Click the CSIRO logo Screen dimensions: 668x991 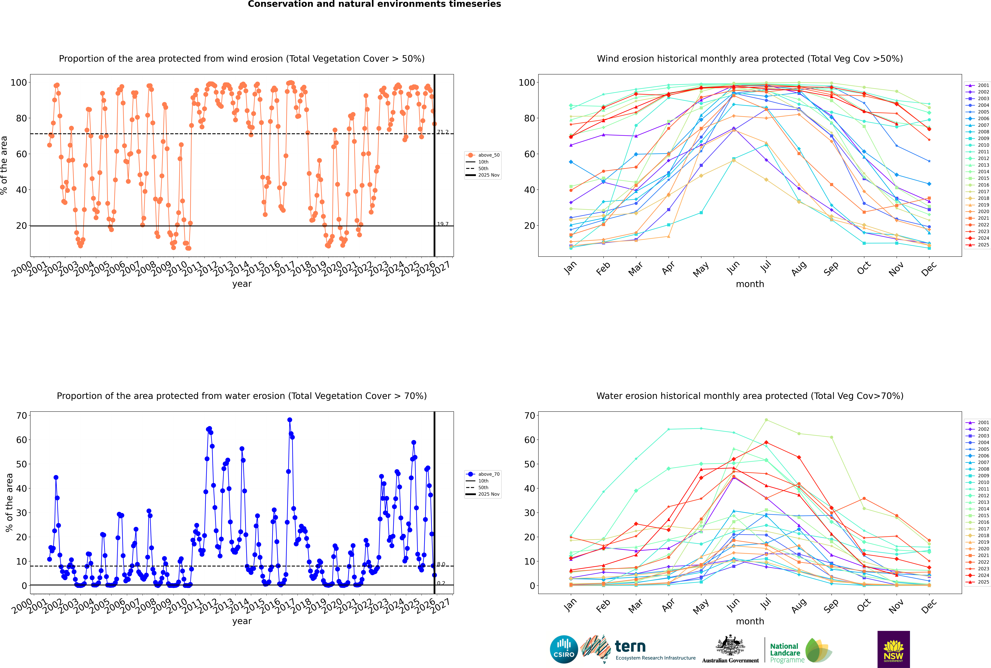(564, 649)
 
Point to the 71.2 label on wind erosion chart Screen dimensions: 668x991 (443, 132)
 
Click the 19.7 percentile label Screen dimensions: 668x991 (443, 224)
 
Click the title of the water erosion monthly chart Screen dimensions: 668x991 (750, 396)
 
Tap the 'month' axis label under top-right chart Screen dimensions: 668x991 (750, 284)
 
